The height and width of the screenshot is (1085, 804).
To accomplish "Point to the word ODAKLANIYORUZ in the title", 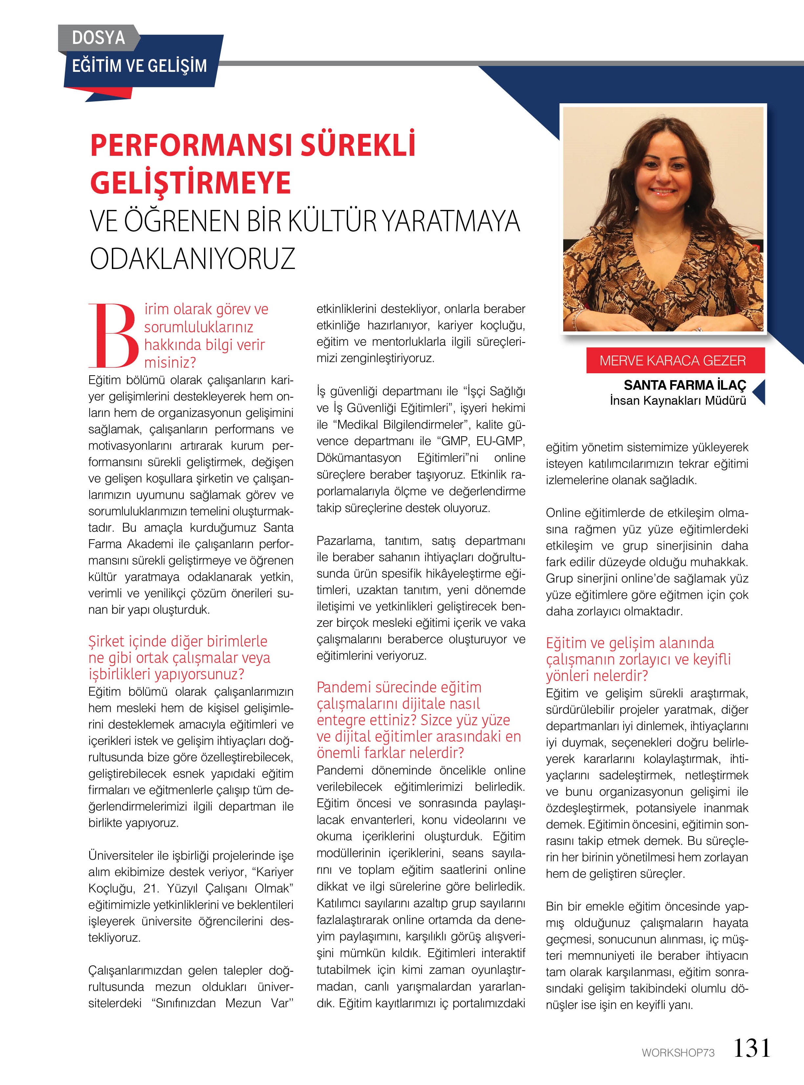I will [193, 258].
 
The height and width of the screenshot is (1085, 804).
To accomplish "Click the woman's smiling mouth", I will [664, 191].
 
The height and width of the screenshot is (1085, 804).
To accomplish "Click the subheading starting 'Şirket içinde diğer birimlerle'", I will [179, 657].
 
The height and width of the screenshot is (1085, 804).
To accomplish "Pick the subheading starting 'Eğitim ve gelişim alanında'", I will [638, 659].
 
